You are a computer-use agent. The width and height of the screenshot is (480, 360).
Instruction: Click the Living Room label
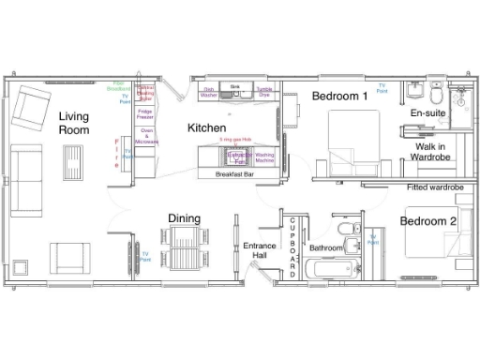pyautogui.click(x=73, y=124)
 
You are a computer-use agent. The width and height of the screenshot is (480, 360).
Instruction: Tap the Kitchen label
pyautogui.click(x=207, y=127)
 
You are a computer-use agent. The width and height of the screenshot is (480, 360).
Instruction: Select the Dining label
pyautogui.click(x=184, y=219)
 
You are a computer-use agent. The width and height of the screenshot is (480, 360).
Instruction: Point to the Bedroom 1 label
pyautogui.click(x=339, y=97)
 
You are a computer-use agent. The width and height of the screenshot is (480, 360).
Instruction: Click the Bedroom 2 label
pyautogui.click(x=428, y=221)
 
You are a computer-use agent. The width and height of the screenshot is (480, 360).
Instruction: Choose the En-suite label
pyautogui.click(x=427, y=113)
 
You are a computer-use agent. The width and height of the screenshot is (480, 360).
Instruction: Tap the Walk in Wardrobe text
pyautogui.click(x=431, y=152)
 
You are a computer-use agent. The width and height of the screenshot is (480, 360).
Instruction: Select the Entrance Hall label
pyautogui.click(x=259, y=250)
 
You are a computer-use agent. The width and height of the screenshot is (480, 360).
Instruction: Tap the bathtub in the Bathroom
pyautogui.click(x=331, y=271)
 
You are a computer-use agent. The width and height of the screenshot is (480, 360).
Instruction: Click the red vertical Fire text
pyautogui.click(x=117, y=151)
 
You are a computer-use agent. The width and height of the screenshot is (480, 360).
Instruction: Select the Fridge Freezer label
pyautogui.click(x=145, y=114)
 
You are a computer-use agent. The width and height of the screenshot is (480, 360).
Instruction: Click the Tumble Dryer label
pyautogui.click(x=263, y=93)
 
